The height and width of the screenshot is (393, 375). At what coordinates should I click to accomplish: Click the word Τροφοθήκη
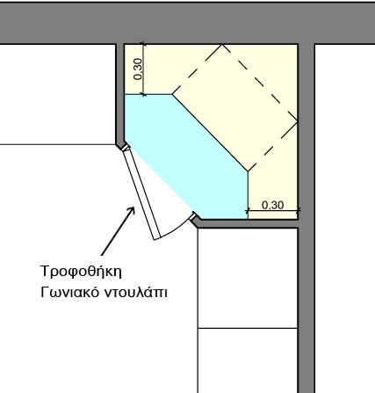tap(81, 272)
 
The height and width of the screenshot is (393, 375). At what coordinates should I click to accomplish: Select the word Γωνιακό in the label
tap(70, 292)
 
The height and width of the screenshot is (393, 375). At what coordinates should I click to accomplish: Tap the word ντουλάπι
tap(136, 293)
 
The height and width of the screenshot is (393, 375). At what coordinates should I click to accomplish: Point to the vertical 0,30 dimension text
tap(138, 69)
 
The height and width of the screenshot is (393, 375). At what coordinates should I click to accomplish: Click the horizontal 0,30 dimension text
tap(272, 205)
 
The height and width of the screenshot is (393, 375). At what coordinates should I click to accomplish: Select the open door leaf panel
tap(141, 193)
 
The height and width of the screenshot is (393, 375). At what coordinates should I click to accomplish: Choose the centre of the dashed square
tap(234, 107)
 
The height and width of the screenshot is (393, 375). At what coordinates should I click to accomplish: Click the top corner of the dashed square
tap(222, 45)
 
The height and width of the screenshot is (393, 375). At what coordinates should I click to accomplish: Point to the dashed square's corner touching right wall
tap(298, 121)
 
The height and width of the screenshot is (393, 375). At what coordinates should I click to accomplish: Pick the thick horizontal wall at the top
tap(187, 23)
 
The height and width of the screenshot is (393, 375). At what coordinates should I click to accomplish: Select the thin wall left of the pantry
tap(120, 95)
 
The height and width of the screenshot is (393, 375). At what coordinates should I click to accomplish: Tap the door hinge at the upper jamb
tap(126, 147)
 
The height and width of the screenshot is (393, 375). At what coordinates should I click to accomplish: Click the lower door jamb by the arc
tap(194, 217)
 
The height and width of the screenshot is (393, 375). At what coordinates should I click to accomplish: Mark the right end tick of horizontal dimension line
tap(298, 210)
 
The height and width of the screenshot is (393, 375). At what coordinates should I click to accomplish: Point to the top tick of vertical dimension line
tap(142, 44)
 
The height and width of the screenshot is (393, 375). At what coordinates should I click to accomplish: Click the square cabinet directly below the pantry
tap(248, 279)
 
